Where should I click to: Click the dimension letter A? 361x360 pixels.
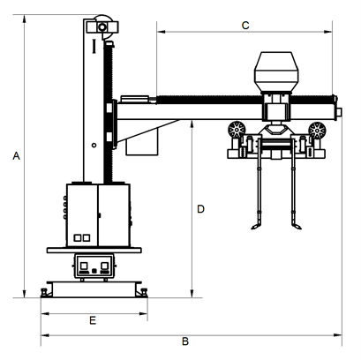click(x=16, y=156)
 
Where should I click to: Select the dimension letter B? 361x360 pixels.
click(x=185, y=341)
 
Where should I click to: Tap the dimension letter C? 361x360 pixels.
click(x=245, y=26)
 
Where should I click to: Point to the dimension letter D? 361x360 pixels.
click(x=200, y=209)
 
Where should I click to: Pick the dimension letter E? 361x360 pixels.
click(x=93, y=320)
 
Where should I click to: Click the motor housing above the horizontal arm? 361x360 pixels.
click(x=276, y=72)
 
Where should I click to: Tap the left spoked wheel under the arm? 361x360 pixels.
click(x=237, y=130)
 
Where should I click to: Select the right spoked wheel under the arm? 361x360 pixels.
click(x=317, y=130)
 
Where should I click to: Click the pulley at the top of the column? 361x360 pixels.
click(x=102, y=26)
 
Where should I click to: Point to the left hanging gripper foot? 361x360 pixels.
click(x=256, y=226)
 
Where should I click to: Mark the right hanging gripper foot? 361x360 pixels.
click(x=297, y=226)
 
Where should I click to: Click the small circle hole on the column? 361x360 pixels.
click(x=94, y=145)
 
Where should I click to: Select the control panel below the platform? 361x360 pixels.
click(x=94, y=266)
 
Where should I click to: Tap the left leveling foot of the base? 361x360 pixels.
click(x=44, y=293)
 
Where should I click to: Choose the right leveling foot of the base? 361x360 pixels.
click(x=144, y=293)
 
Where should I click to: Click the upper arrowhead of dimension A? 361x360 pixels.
click(x=25, y=19)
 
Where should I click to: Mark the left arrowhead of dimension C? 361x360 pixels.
click(x=162, y=32)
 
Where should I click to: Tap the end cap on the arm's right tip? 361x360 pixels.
click(x=338, y=112)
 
